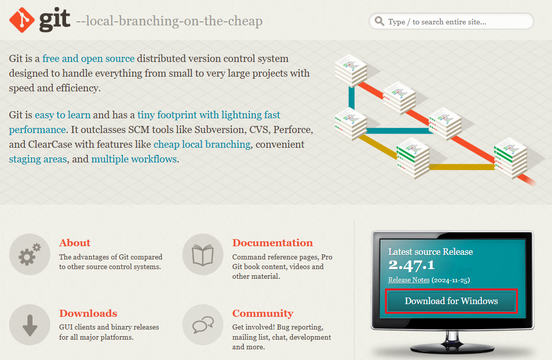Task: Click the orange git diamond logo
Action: pyautogui.click(x=22, y=20)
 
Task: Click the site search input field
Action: pyautogui.click(x=451, y=21)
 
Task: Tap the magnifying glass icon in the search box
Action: pyautogui.click(x=379, y=21)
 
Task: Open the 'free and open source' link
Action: pyautogui.click(x=88, y=58)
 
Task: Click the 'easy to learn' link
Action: pyautogui.click(x=62, y=115)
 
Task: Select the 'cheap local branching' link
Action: pyautogui.click(x=202, y=144)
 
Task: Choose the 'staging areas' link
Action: pyautogui.click(x=38, y=159)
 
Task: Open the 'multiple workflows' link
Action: pyautogui.click(x=134, y=159)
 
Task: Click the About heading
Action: pyautogui.click(x=75, y=243)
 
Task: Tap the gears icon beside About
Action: pyautogui.click(x=29, y=254)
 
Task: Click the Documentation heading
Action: pyautogui.click(x=273, y=243)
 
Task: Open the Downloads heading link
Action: pyautogui.click(x=88, y=313)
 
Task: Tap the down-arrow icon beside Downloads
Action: pyautogui.click(x=29, y=324)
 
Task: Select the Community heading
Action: pyautogui.click(x=263, y=313)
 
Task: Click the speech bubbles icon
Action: pyautogui.click(x=203, y=324)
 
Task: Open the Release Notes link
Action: pyautogui.click(x=409, y=280)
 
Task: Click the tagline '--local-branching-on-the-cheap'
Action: pyautogui.click(x=169, y=21)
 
